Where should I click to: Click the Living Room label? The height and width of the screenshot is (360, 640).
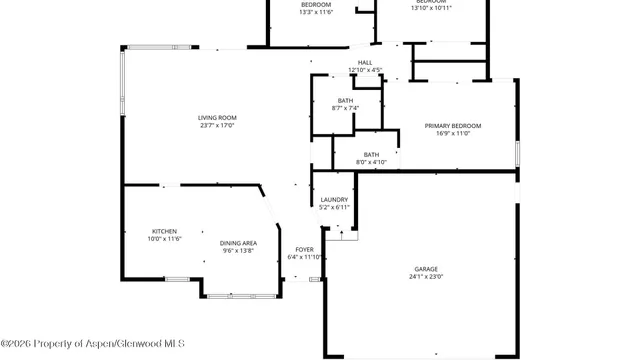click(x=217, y=118)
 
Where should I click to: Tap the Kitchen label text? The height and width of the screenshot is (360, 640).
click(x=165, y=231)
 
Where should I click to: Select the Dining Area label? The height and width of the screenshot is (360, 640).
click(x=239, y=243)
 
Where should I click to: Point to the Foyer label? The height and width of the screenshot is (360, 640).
click(x=304, y=249)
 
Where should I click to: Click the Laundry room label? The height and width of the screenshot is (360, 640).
click(x=334, y=200)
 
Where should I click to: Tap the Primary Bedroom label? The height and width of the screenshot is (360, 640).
click(x=453, y=125)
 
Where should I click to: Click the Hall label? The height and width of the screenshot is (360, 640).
click(x=365, y=62)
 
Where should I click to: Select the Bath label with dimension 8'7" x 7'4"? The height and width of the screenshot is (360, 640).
click(x=345, y=101)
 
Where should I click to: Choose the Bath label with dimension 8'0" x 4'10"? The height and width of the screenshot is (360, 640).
click(x=371, y=154)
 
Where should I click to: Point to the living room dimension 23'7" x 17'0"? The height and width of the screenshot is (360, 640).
click(x=217, y=126)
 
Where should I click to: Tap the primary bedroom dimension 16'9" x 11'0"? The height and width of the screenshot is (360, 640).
click(x=453, y=133)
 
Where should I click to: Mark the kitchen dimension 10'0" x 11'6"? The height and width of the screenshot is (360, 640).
click(x=165, y=239)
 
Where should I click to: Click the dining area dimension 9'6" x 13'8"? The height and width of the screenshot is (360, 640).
click(x=239, y=251)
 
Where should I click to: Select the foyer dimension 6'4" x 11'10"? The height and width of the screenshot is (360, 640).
click(x=304, y=257)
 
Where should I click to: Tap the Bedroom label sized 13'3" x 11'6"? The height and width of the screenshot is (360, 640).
click(x=315, y=5)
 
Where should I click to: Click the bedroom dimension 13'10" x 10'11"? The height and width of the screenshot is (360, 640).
click(x=431, y=8)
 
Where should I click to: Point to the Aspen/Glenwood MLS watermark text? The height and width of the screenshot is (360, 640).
click(x=86, y=345)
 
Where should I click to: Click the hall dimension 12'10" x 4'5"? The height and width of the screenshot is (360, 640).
click(x=365, y=70)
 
